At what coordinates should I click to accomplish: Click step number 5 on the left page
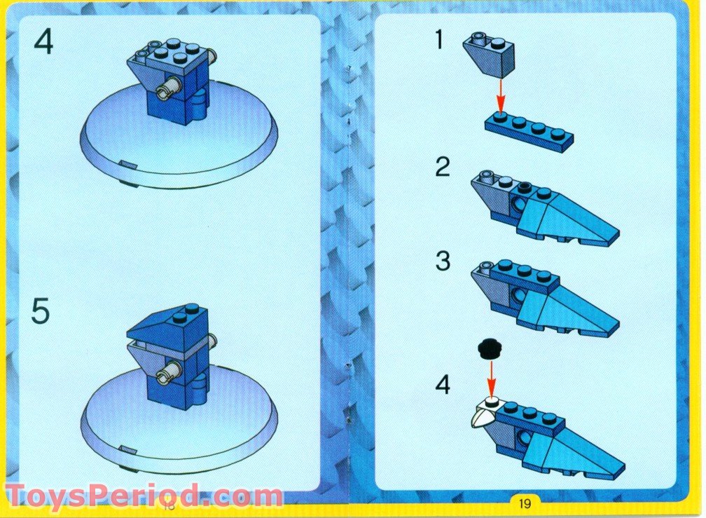tap(41, 311)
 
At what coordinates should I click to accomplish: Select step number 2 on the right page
tap(442, 168)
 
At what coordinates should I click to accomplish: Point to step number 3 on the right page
tap(442, 261)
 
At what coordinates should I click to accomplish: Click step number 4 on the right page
tap(442, 384)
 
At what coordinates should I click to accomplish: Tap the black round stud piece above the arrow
tap(490, 348)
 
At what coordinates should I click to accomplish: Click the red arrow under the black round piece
tap(492, 378)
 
